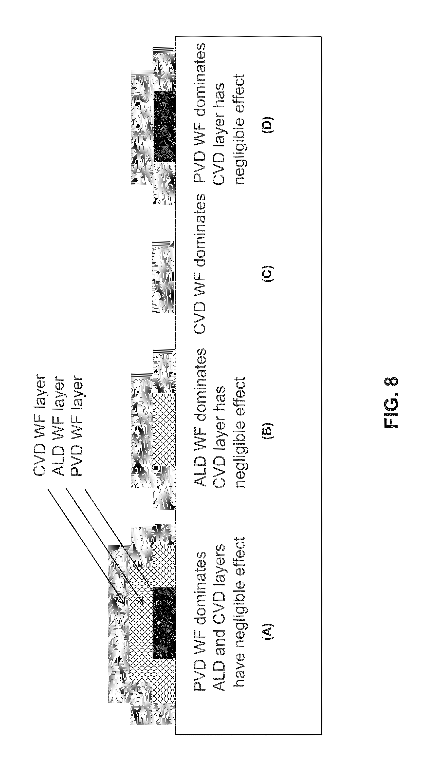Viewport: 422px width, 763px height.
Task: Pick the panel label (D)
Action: coord(268,124)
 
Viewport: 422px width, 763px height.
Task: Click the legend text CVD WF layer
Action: coord(40,426)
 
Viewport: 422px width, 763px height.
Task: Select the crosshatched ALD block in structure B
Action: coord(164,429)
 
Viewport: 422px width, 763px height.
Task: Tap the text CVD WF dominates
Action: coord(199,264)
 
